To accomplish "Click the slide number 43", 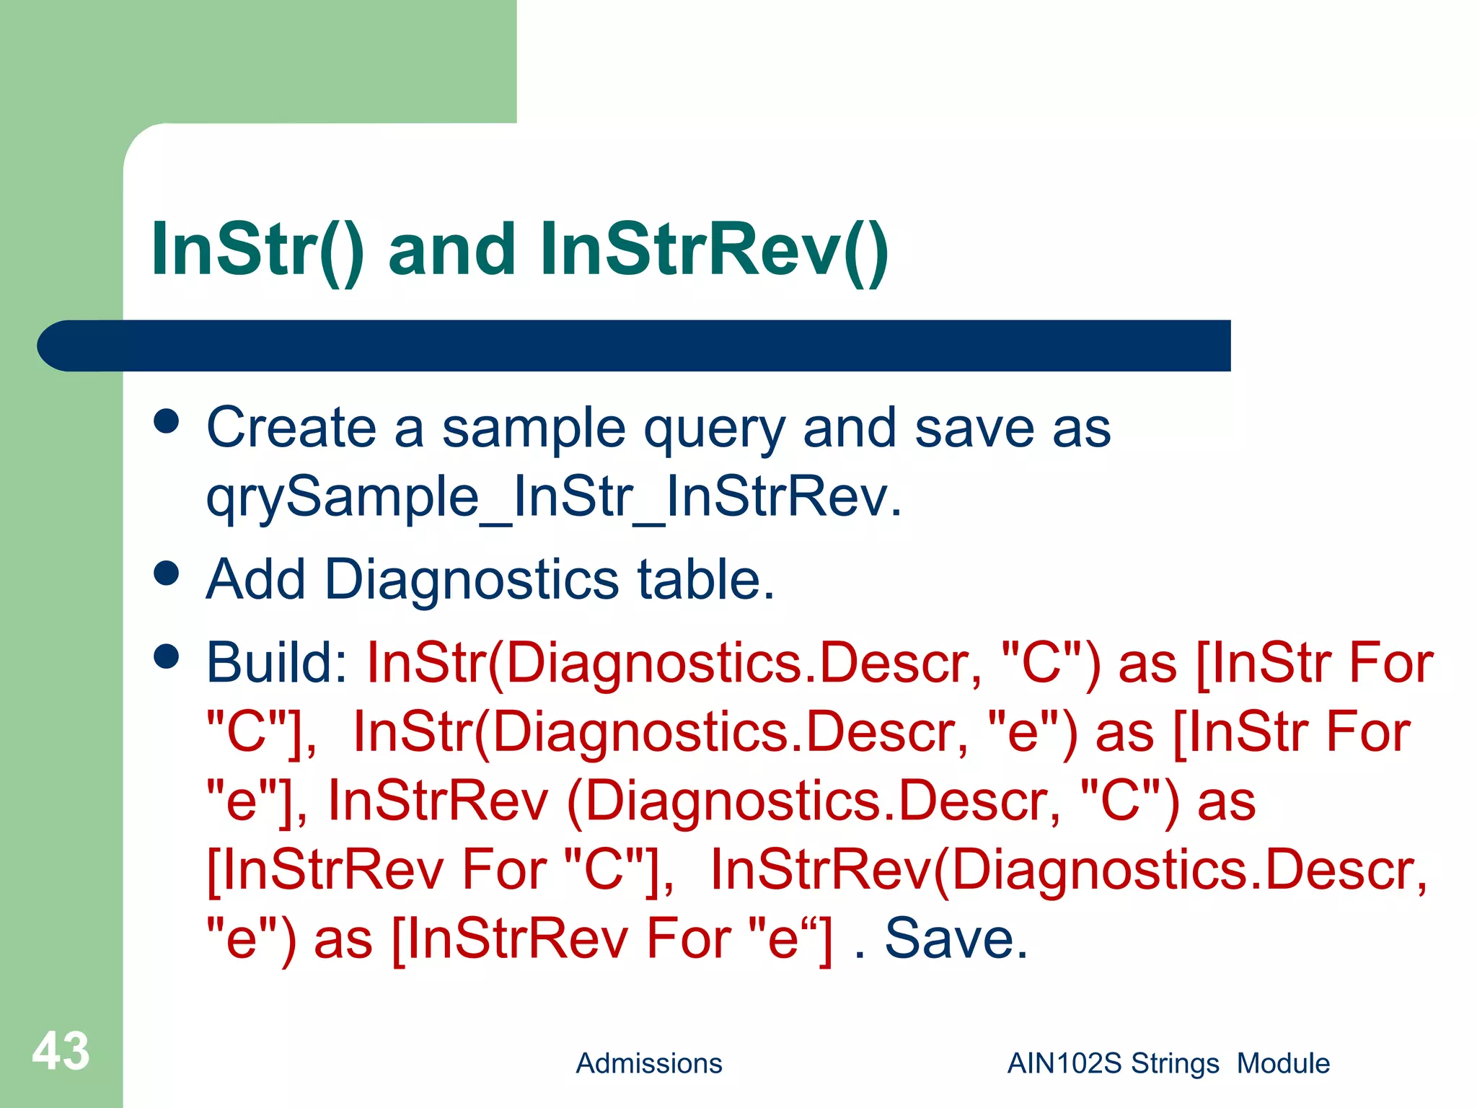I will (x=61, y=1052).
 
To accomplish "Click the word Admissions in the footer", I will (x=648, y=1063).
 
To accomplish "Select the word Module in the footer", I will (x=1283, y=1063).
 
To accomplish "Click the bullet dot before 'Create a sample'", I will (x=167, y=421).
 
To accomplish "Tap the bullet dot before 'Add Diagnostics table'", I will (x=167, y=573).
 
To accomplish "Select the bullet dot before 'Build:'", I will (x=167, y=657).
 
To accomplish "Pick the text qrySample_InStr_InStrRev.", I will (x=553, y=498).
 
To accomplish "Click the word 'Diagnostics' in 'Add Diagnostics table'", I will (x=472, y=581).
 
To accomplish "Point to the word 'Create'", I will (x=291, y=428).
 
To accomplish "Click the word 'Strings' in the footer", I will (x=1175, y=1063).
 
